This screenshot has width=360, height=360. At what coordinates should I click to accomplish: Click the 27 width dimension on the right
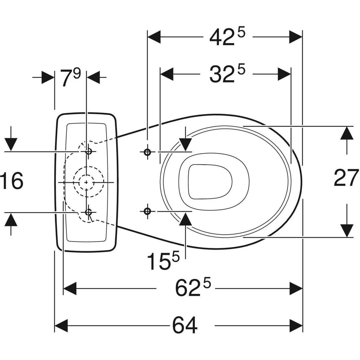point(346,178)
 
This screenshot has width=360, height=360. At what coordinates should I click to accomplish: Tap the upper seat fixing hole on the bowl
point(147,152)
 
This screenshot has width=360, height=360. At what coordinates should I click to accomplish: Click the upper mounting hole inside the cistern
point(88,152)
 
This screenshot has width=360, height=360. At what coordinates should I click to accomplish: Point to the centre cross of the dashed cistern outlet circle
point(86,182)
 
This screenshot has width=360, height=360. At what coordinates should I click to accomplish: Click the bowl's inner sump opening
point(210,181)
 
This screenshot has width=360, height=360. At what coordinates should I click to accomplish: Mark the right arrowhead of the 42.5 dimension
point(295,37)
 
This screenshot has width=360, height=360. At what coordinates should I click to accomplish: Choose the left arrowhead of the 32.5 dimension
point(167,74)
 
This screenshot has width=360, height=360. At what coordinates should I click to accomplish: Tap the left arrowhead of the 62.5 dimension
point(70,289)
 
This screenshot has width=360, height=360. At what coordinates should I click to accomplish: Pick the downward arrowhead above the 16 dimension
point(11,144)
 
